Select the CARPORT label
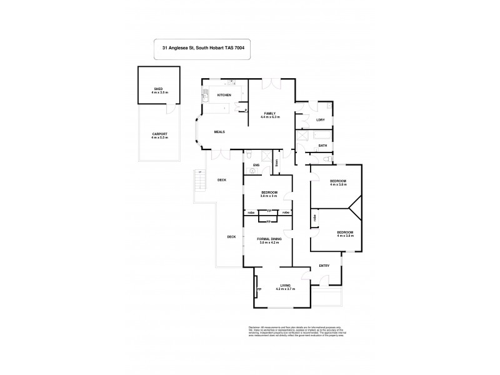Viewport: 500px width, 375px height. tap(159, 136)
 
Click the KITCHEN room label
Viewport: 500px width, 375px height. tap(224, 95)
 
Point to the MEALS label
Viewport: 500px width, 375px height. tap(219, 132)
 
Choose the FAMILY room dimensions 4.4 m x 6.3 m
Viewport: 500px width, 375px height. tap(271, 117)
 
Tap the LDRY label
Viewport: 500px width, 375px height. tap(321, 120)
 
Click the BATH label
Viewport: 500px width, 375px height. tap(322, 146)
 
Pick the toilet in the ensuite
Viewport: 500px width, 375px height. tap(249, 154)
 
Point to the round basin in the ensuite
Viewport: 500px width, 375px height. tap(252, 169)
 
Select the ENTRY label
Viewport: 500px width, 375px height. tap(324, 266)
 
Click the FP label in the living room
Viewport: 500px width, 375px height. tap(258, 289)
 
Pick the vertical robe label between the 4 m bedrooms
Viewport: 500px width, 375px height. tap(314, 218)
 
